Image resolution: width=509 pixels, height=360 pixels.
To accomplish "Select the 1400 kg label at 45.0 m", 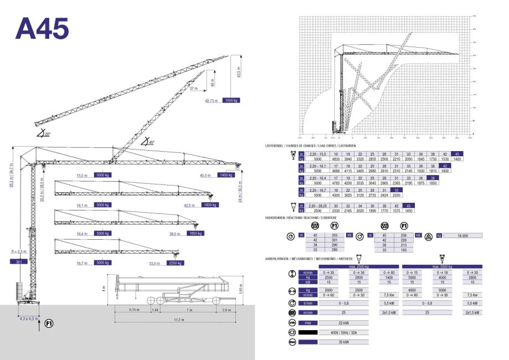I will click(226, 175).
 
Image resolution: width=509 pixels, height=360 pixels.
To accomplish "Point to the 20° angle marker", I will click(42, 133).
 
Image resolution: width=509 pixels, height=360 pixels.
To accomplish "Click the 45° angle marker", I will click(148, 142).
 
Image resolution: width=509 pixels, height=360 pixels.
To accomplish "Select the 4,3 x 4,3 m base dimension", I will click(29, 318).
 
